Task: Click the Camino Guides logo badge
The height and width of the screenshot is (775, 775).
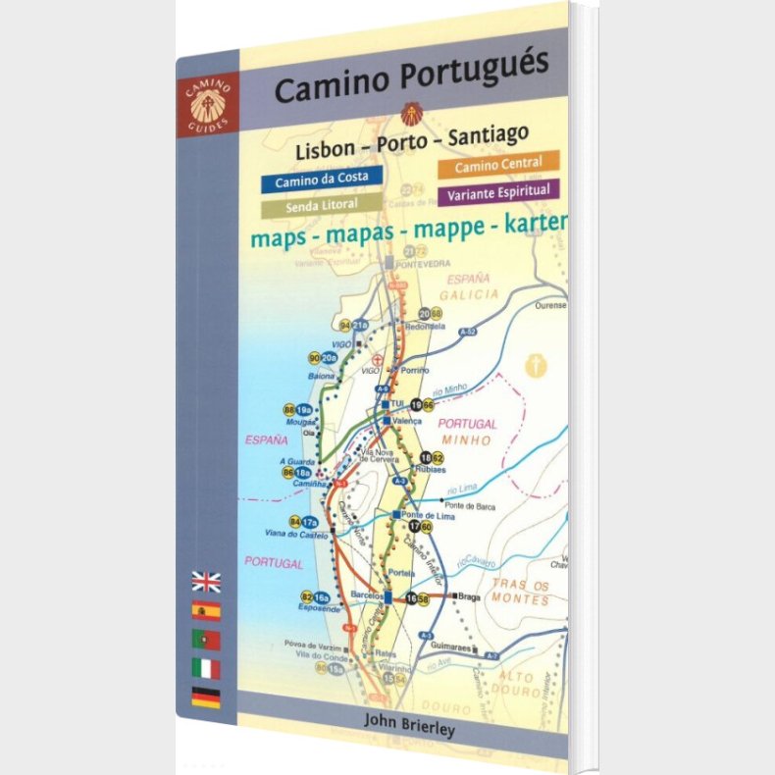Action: [207, 101]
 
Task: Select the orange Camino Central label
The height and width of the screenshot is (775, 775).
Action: [505, 165]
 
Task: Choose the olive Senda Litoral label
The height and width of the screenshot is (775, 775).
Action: [320, 206]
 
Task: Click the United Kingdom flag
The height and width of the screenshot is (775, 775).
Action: [206, 581]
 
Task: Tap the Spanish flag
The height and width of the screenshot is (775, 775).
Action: [206, 611]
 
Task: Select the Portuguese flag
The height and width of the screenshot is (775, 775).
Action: [206, 640]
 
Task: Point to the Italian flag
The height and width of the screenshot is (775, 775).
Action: [206, 669]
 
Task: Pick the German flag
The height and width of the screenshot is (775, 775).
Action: [206, 697]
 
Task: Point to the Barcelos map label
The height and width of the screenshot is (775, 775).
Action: [365, 595]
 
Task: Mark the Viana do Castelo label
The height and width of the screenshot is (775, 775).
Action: [293, 534]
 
